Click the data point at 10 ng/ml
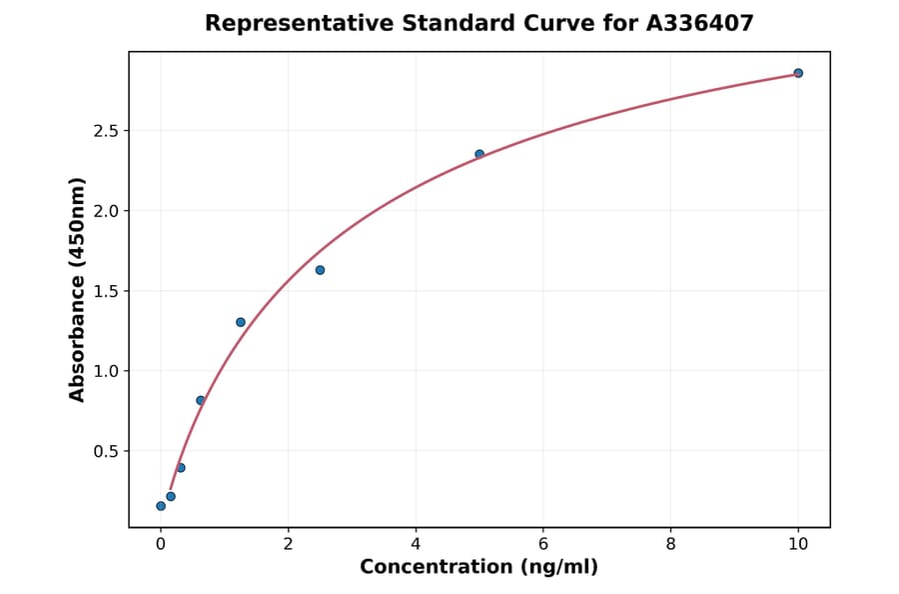click(798, 73)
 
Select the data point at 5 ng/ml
click(479, 154)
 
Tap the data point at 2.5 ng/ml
click(320, 270)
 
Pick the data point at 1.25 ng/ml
click(241, 322)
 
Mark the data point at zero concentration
click(161, 506)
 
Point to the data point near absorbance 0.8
click(201, 400)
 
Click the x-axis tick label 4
click(416, 544)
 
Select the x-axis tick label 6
click(543, 544)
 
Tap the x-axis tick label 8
click(670, 544)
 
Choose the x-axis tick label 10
click(798, 544)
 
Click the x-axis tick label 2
click(288, 544)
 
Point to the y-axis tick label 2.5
click(106, 131)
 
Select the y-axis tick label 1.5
click(106, 291)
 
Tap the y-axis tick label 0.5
click(106, 451)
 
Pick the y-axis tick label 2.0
click(106, 211)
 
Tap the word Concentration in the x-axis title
click(436, 568)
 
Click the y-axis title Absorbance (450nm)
click(78, 289)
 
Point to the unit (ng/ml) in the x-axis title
click(557, 568)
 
